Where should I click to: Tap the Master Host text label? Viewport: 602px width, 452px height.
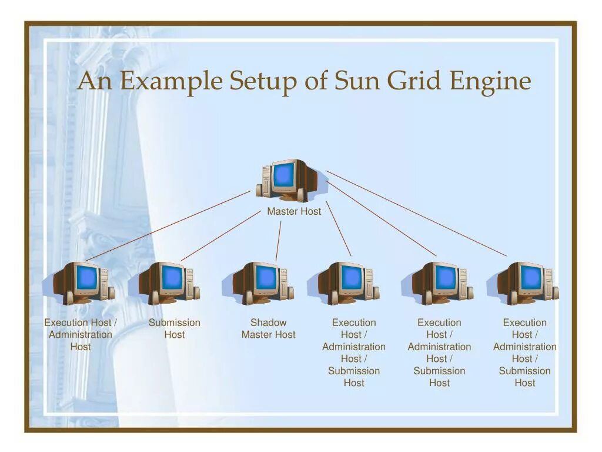[294, 211]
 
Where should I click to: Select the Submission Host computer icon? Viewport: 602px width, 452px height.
[169, 282]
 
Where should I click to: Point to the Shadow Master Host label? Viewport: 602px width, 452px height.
[269, 328]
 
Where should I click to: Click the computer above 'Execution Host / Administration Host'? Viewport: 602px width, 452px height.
[82, 282]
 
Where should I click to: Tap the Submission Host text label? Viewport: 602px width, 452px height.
[175, 328]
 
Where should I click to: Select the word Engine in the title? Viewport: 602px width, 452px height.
[490, 81]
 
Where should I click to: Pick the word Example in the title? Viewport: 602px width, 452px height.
[171, 81]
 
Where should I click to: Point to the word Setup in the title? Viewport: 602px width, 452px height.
[263, 81]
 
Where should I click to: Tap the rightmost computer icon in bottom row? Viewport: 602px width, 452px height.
[527, 282]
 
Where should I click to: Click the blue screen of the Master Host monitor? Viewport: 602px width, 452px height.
[283, 174]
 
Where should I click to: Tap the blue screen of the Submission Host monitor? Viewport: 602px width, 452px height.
[172, 277]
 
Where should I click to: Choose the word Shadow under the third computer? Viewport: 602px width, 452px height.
[269, 323]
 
